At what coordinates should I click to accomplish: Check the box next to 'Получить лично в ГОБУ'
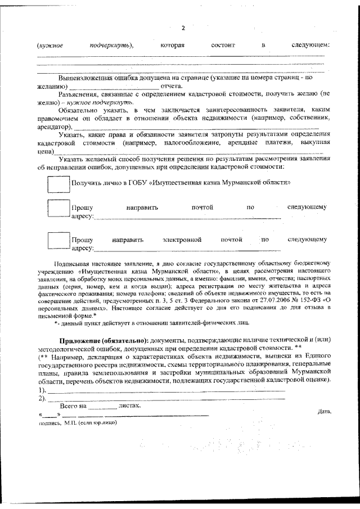[x=58, y=183]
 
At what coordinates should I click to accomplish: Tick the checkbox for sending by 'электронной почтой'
[x=58, y=240]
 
